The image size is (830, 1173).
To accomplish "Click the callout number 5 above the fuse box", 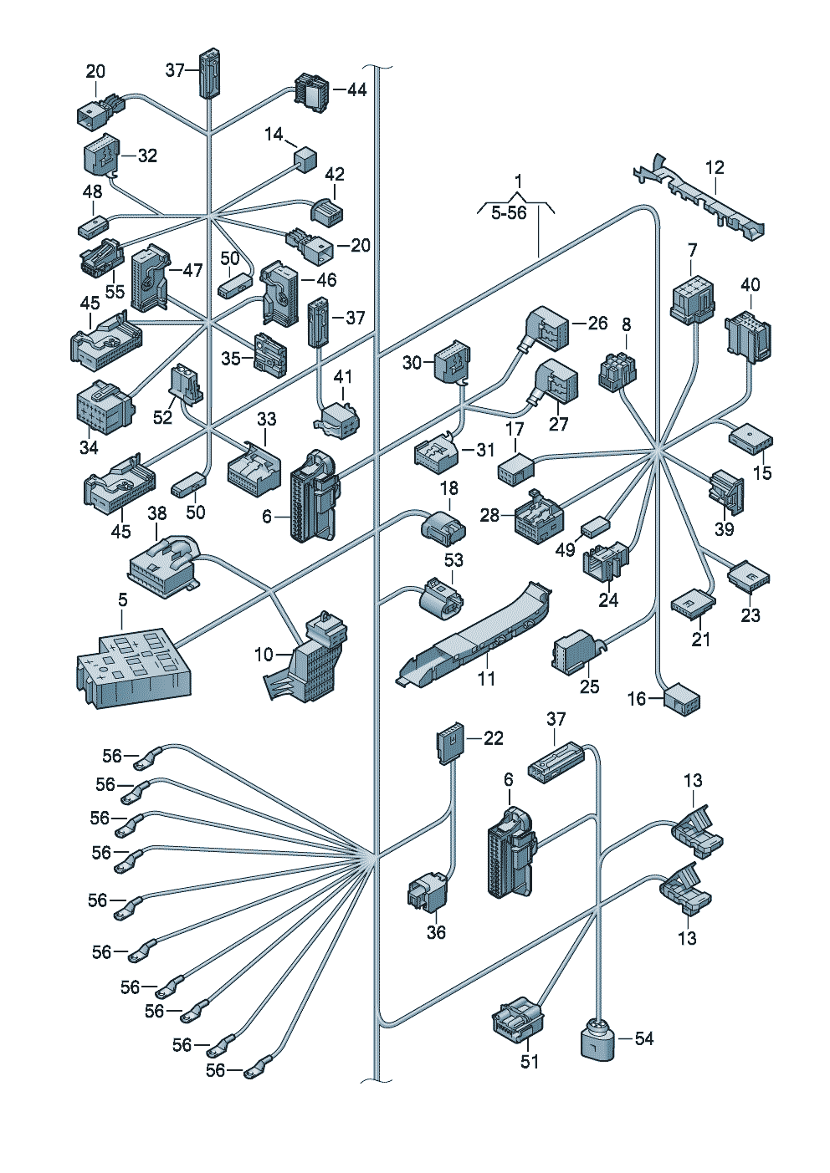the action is tap(122, 600).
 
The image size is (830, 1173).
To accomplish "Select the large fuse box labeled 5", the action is tap(134, 671).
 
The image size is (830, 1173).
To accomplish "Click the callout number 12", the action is tap(715, 167).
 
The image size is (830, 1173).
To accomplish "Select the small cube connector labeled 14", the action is tap(306, 158).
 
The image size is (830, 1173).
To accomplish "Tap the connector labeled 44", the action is tap(311, 92).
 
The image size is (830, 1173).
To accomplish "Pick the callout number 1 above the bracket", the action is tap(518, 181).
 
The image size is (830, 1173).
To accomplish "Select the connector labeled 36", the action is tap(428, 890).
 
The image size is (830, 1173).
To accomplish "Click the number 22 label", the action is tap(492, 738).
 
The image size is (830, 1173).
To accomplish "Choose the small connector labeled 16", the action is tap(682, 700).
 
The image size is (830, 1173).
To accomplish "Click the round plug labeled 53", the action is tap(442, 598).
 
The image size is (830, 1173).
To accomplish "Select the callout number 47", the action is tap(192, 270).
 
